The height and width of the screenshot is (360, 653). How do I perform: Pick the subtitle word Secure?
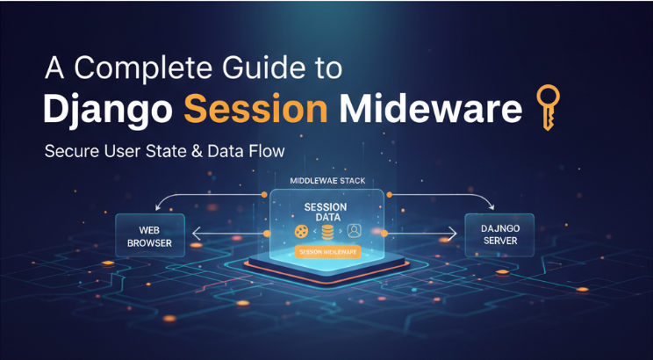click(x=72, y=152)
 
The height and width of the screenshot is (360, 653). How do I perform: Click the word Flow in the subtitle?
click(x=264, y=152)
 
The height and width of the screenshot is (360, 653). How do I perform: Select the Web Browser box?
click(x=148, y=235)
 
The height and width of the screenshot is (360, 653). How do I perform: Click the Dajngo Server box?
click(x=499, y=234)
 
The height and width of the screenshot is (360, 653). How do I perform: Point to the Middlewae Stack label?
click(x=326, y=180)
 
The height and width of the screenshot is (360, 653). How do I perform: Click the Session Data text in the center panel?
click(x=326, y=213)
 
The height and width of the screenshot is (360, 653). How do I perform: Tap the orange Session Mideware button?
click(x=326, y=252)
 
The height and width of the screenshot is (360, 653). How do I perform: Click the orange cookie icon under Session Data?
click(x=302, y=232)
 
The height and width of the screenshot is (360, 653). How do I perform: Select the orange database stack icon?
click(x=326, y=232)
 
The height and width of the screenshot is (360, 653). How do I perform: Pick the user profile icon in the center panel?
click(x=354, y=232)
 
